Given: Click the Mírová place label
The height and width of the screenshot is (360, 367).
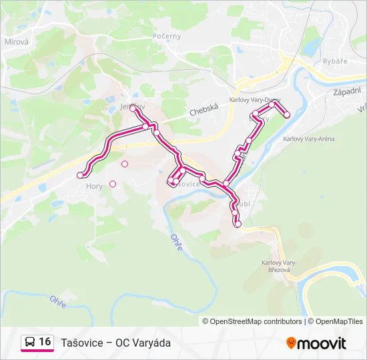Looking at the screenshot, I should pos(15,41).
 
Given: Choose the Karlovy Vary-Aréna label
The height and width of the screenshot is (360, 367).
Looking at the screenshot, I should pos(308,139).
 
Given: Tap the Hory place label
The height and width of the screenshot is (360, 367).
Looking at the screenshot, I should pos(94,187).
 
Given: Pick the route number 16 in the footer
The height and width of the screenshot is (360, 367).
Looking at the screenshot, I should pos(45,342).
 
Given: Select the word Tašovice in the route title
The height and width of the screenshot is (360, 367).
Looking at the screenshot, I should pos(81,343).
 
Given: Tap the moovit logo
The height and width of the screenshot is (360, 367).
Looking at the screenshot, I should pos(316,343).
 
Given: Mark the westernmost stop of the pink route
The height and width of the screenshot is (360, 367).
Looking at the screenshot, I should pos(80,175).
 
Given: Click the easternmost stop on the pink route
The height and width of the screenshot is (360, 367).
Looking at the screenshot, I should pos(287,115).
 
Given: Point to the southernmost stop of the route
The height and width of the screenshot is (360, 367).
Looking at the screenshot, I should pos(238,225).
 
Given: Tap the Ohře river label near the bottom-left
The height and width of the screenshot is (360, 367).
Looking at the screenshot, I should pos(58,303).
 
